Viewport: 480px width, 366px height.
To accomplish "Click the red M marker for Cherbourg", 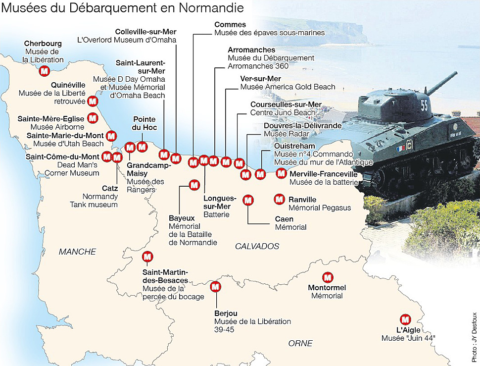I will point(44,71).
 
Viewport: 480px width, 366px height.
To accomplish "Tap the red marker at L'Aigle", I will point(406,319).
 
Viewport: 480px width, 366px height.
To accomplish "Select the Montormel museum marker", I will point(327,277).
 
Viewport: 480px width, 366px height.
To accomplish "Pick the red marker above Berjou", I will point(216,287).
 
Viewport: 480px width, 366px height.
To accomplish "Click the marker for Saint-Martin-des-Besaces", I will point(147,257).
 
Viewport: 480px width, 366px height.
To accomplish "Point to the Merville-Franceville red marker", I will point(281,173).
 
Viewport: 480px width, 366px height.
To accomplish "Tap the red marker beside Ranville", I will point(279,199).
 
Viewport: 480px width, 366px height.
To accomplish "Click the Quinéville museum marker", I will point(93,102).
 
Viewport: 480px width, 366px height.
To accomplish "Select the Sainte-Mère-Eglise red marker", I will point(93,118).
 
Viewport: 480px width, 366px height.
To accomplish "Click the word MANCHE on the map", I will point(77,252).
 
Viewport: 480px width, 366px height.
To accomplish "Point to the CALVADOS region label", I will point(257,246).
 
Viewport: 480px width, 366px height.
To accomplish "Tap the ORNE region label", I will point(300,343).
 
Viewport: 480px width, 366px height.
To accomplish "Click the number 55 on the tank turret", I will point(424,105).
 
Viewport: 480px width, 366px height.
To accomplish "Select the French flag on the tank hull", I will point(399,148).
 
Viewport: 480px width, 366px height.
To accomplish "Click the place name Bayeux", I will point(182,218).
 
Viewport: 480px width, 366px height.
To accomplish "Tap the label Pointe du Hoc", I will point(144,123).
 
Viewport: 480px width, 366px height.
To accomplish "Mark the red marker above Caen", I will point(248,200).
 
